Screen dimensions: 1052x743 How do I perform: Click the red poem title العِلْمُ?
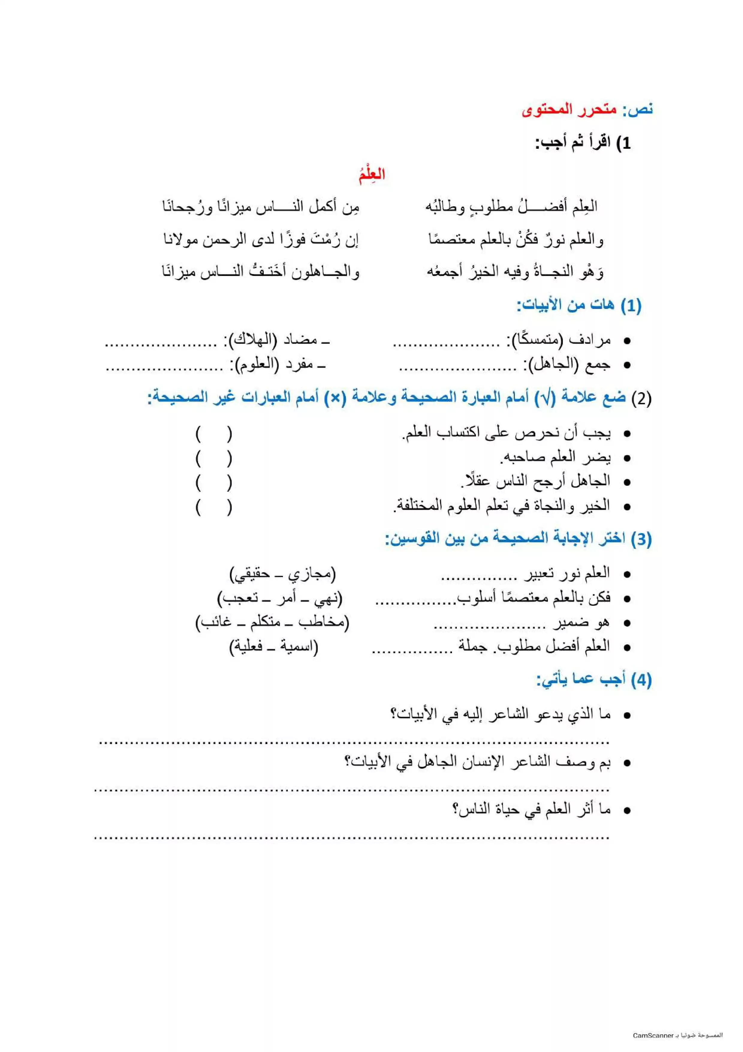click(x=371, y=174)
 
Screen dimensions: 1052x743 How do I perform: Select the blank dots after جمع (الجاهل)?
click(x=458, y=367)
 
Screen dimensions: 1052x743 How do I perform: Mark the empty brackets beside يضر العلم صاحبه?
click(x=214, y=458)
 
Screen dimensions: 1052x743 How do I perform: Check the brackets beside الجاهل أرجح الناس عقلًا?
click(x=214, y=482)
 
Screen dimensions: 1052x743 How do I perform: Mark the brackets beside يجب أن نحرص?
click(x=214, y=433)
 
